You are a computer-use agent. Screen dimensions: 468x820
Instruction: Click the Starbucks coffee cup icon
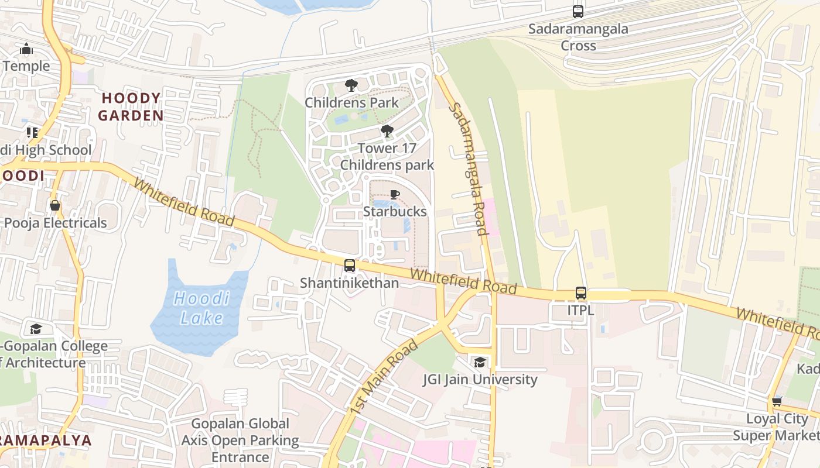[395, 194]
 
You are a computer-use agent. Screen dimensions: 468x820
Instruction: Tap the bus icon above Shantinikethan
[350, 266]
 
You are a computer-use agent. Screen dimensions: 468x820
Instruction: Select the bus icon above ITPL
[580, 293]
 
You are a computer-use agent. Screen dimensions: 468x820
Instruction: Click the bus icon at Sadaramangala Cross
[578, 11]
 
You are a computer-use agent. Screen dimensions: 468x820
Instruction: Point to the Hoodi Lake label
[201, 308]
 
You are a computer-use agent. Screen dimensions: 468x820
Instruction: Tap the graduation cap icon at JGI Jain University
[480, 363]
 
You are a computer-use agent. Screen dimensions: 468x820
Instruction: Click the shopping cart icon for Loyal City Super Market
[777, 401]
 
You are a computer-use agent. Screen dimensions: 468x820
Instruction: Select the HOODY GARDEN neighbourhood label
[131, 106]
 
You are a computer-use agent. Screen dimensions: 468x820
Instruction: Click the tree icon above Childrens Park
[351, 85]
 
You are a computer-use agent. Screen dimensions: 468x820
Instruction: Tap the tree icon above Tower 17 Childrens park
[387, 131]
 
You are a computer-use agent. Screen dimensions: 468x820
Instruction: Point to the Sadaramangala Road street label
[468, 169]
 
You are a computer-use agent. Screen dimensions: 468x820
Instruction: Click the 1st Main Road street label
[384, 377]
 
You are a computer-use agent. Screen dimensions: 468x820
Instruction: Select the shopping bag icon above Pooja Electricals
[55, 205]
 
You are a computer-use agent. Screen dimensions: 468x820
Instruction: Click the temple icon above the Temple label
[26, 49]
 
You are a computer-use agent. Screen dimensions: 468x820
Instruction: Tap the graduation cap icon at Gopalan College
[36, 329]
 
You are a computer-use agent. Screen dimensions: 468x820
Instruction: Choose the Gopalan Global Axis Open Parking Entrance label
[240, 440]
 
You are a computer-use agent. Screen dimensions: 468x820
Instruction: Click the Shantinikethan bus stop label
[350, 283]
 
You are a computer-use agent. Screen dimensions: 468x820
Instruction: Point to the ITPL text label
[580, 310]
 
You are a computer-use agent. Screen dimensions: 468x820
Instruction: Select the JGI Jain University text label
[480, 380]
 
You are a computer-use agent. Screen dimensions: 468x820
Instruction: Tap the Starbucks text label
[395, 211]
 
